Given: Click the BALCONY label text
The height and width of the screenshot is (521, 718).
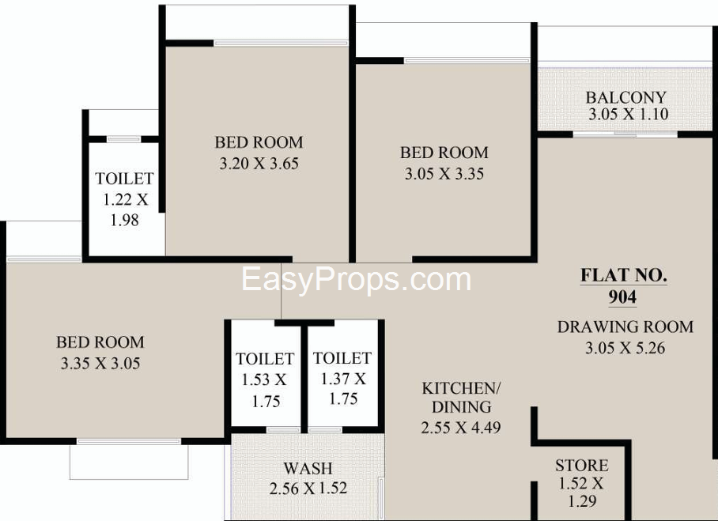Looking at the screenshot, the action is click(x=626, y=97).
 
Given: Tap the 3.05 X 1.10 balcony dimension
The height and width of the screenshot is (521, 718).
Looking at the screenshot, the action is click(x=628, y=114).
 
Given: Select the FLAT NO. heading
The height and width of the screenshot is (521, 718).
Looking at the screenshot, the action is click(x=624, y=275).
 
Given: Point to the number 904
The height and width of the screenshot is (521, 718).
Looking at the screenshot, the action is click(x=622, y=297).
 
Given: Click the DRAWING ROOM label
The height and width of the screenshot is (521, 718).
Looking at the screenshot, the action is click(x=625, y=327).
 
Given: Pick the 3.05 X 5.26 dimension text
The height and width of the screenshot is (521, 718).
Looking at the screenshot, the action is click(x=625, y=349).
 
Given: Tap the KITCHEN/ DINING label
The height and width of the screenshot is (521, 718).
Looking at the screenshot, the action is click(x=461, y=398).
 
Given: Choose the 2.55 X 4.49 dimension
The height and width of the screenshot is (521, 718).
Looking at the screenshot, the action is click(x=461, y=428).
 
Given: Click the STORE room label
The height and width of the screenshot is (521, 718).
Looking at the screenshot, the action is click(x=581, y=466).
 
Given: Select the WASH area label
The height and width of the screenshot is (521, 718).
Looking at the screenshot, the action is click(x=308, y=468).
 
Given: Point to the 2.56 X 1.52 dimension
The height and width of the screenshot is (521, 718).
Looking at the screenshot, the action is click(x=308, y=489).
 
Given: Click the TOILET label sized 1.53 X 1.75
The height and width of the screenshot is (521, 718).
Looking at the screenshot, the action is click(x=265, y=359).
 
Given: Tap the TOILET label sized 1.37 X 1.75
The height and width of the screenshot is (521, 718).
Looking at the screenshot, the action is click(x=342, y=358).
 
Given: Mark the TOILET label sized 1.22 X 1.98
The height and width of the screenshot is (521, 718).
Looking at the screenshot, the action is click(x=124, y=179).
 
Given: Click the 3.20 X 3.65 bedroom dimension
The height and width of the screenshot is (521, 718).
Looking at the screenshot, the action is click(x=259, y=164).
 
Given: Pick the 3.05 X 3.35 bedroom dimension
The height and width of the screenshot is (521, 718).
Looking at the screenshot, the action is click(x=444, y=174).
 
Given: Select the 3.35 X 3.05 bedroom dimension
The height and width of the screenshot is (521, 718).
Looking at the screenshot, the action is click(x=100, y=364).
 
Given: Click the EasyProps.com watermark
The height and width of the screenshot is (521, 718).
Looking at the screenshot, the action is click(x=357, y=280).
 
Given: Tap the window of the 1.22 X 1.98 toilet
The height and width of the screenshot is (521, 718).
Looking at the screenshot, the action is click(x=123, y=139).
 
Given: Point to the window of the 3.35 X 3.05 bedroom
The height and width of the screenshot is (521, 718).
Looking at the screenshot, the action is click(x=129, y=441).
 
